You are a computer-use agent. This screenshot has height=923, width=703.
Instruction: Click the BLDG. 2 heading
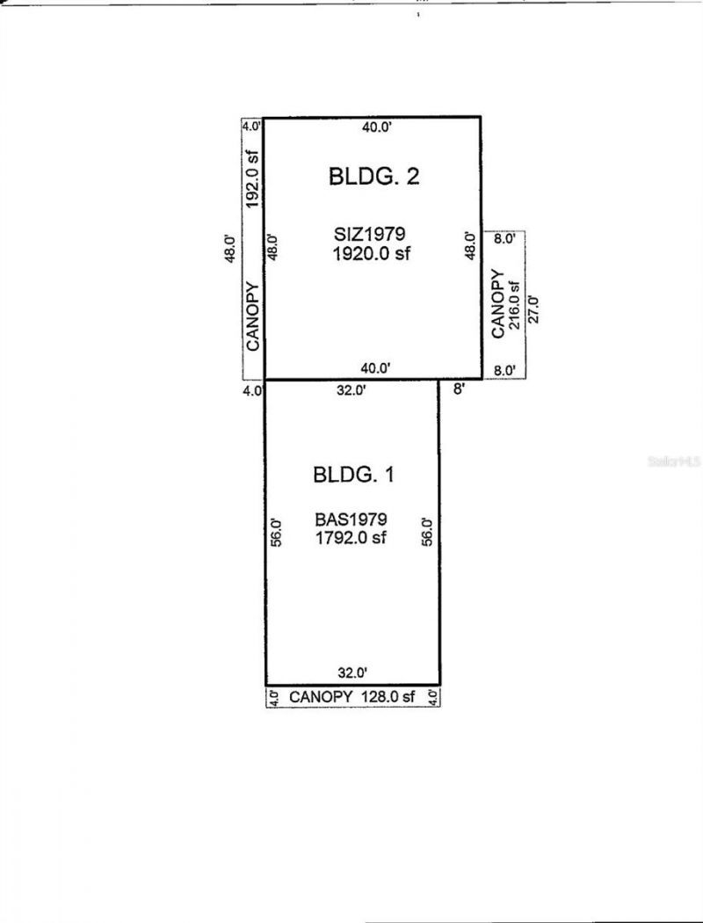pos(373,176)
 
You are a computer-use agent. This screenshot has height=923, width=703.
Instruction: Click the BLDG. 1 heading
pos(353,476)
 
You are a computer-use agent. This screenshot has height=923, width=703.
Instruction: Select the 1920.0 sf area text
pos(372,254)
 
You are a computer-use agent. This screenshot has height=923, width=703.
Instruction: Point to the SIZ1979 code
pos(368,235)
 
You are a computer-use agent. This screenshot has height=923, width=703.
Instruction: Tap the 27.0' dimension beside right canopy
pos(531,310)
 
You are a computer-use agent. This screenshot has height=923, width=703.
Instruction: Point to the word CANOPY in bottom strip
pos(321,697)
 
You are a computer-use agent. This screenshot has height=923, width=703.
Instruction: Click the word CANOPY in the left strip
pos(253,316)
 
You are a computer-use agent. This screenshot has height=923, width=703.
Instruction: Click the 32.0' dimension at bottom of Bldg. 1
pos(351,673)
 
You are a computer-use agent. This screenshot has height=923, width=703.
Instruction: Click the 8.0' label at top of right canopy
pos(505,238)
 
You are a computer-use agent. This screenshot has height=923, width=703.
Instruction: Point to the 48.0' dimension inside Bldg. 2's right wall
pos(471,245)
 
